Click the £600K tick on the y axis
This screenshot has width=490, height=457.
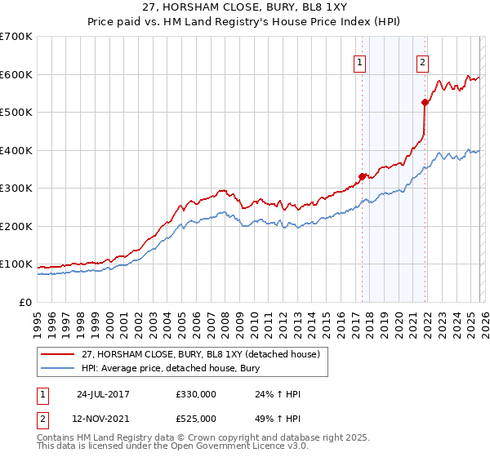point(16,74)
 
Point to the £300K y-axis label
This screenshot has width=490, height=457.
point(16,189)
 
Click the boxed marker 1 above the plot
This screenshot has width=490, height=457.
point(360,62)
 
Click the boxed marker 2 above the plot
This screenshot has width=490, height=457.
point(422,62)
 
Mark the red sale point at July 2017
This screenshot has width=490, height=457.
point(362,175)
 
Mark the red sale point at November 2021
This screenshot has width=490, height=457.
point(425,102)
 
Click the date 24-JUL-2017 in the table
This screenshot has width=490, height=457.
point(104,394)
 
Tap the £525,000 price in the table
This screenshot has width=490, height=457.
point(196,419)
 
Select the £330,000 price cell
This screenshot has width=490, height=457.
point(196,394)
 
